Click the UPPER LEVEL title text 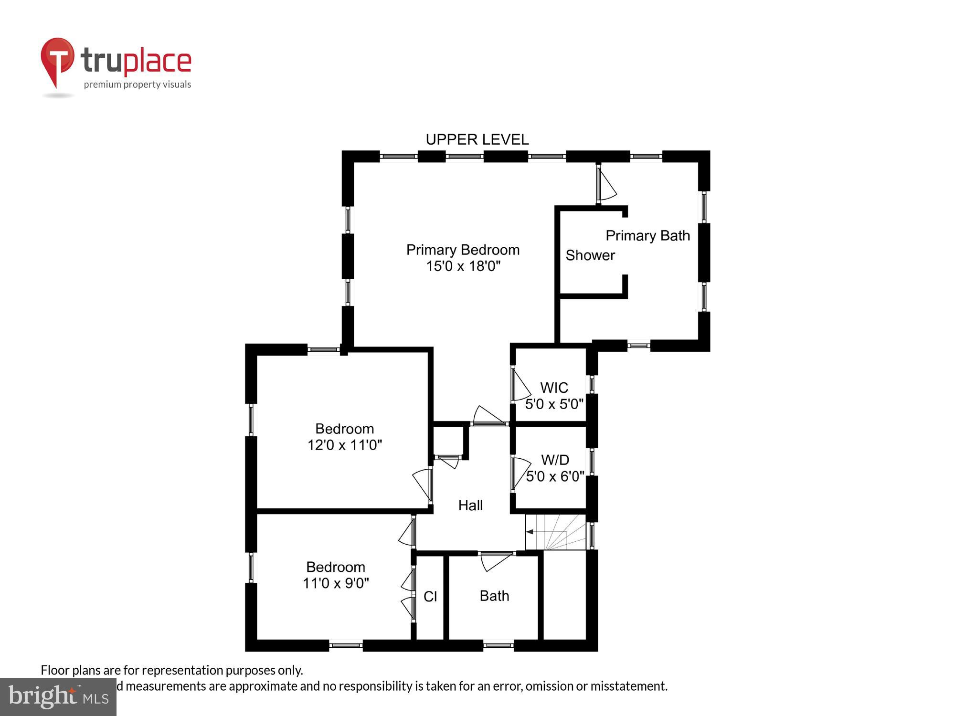477,139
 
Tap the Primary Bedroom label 463,250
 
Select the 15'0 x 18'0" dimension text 463,266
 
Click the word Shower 590,255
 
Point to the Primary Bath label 647,235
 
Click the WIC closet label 554,387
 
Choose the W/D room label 555,460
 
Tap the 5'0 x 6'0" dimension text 555,476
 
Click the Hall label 470,505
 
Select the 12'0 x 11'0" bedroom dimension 344,445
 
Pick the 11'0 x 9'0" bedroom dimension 336,583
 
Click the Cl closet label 430,596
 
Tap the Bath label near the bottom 494,596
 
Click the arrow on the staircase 530,531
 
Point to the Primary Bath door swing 606,186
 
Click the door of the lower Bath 494,561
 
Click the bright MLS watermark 58,697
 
